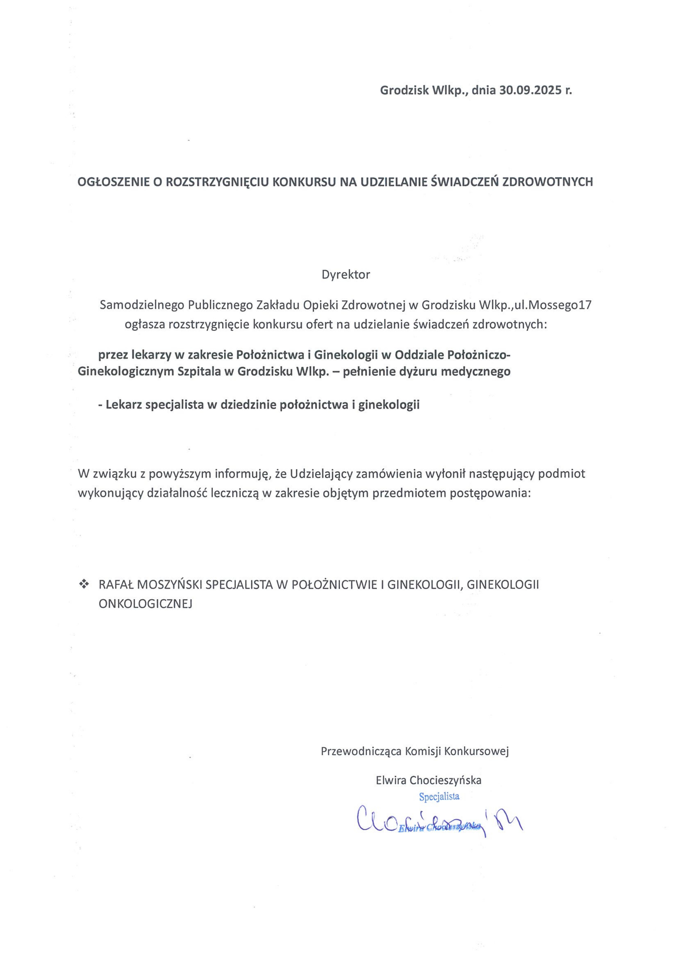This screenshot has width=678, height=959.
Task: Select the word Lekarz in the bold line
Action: [123, 405]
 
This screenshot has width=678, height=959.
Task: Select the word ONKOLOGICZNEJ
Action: [145, 604]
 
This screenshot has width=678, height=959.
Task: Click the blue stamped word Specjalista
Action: [439, 796]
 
